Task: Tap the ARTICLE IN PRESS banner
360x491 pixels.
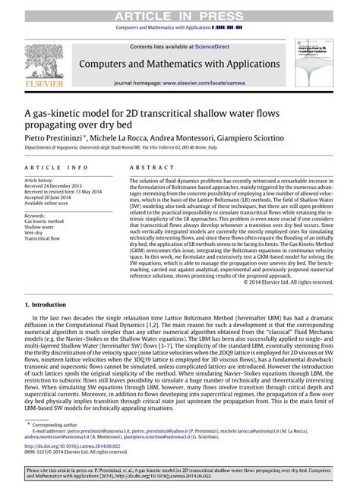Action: click(x=180, y=7)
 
